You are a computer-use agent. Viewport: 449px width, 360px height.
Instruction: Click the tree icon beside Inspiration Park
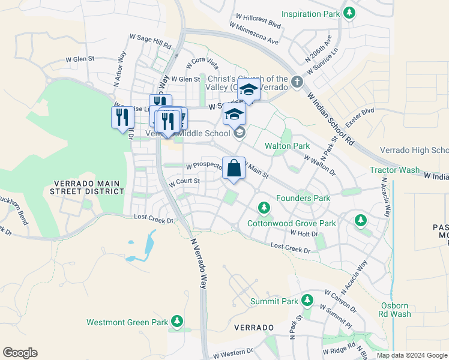pos(349,13)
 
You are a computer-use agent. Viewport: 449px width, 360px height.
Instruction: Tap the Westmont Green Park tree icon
pos(176,322)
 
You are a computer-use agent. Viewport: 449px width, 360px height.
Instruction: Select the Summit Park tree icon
pos(307,300)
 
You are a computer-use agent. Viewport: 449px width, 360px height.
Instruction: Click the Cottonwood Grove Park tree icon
pos(264,208)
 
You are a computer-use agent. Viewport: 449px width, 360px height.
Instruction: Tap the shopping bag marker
pos(234,169)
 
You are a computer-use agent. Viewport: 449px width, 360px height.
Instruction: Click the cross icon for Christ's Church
pos(297,82)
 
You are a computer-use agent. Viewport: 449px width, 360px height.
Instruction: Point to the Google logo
pos(20,353)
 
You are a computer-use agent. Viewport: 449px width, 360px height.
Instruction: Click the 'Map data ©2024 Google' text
pos(411,355)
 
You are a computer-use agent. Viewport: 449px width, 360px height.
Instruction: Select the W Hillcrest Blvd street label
pos(255,25)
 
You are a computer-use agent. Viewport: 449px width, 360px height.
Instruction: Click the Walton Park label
pos(287,146)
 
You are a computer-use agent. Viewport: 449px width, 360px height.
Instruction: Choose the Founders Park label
pos(303,198)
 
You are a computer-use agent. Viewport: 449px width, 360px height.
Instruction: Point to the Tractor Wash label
pos(394,170)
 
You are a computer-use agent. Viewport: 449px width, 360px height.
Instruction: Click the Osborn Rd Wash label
pos(396,309)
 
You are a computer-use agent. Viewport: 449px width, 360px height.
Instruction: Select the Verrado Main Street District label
pos(88,187)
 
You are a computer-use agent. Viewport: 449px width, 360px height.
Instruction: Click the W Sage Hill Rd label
pos(150,42)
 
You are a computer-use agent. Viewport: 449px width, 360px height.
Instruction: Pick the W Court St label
pos(184,181)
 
